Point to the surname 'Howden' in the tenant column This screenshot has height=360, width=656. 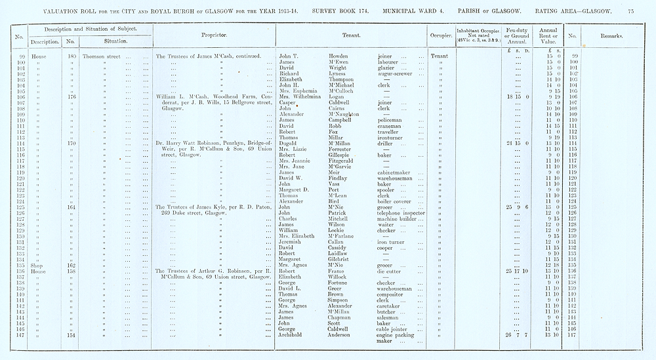(x=339, y=57)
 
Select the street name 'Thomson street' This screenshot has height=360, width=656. (x=102, y=57)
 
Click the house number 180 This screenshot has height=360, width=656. (x=72, y=57)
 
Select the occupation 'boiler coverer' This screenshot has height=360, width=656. (x=398, y=201)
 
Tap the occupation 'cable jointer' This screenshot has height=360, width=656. (x=396, y=328)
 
